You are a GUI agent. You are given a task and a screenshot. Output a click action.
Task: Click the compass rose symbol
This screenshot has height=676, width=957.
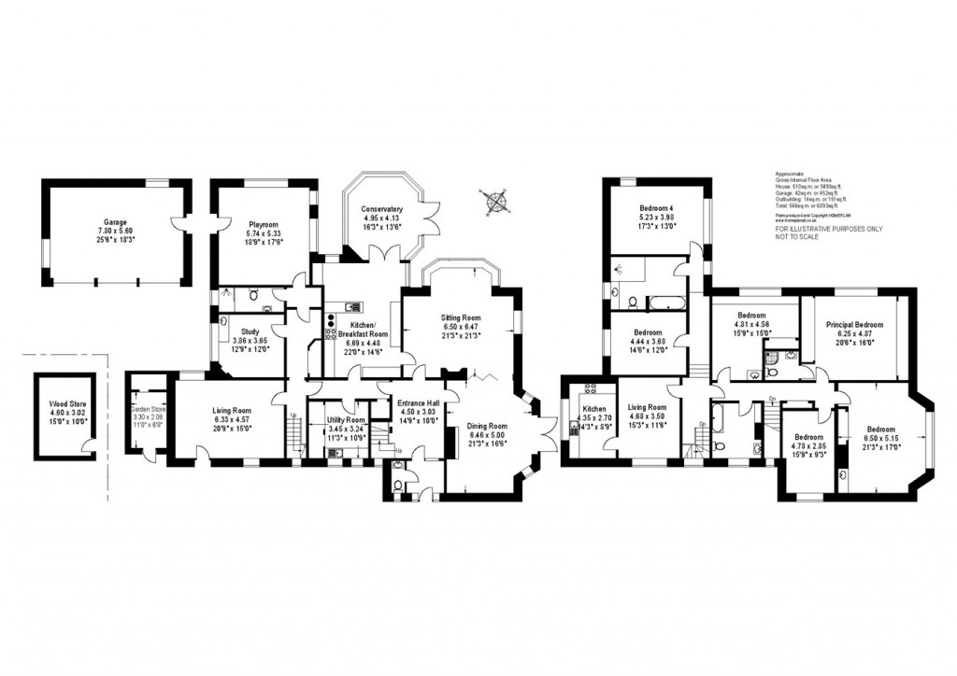point(494,198)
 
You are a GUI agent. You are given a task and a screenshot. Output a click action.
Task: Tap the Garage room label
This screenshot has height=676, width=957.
point(116,223)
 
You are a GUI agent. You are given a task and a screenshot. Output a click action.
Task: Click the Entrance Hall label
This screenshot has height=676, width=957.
point(419,402)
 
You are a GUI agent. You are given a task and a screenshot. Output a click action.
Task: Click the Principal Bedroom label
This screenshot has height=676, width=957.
point(854,325)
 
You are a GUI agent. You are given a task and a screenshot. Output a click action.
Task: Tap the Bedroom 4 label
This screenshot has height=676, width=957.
point(656,208)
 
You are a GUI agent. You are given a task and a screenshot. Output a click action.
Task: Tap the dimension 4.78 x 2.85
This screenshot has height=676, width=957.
point(808,444)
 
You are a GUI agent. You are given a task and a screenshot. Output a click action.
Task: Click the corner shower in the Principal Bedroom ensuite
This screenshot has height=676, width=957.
point(772,357)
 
